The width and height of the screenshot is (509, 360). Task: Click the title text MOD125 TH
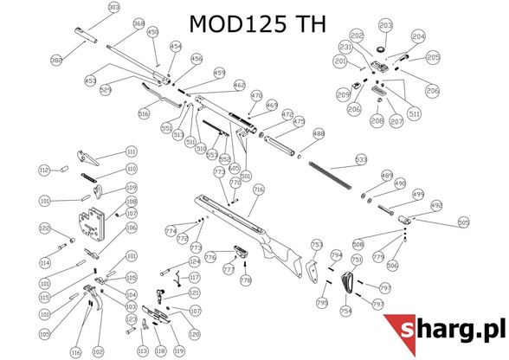pyautogui.click(x=257, y=23)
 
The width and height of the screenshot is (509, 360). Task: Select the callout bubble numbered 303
pyautogui.click(x=113, y=8)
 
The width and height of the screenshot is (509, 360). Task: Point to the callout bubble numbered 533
pyautogui.click(x=361, y=160)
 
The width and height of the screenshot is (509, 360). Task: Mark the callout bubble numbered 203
pyautogui.click(x=385, y=25)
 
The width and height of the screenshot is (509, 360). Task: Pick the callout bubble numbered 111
pyautogui.click(x=132, y=151)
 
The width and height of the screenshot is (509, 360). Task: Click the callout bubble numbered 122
pyautogui.click(x=45, y=228)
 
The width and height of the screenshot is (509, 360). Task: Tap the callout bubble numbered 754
pyautogui.click(x=345, y=311)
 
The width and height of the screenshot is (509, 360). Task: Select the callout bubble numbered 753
pyautogui.click(x=317, y=245)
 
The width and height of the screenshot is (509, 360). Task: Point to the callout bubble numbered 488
pyautogui.click(x=319, y=134)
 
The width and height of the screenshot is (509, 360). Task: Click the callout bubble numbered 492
pyautogui.click(x=436, y=206)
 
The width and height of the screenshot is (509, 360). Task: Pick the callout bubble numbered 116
pyautogui.click(x=75, y=353)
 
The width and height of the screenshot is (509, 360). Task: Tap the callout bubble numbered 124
pyautogui.click(x=195, y=260)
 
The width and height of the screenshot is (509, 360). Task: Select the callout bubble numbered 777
pyautogui.click(x=229, y=270)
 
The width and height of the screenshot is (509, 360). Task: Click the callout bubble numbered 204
pyautogui.click(x=419, y=37)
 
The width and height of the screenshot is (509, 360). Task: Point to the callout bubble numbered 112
pyautogui.click(x=44, y=170)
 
